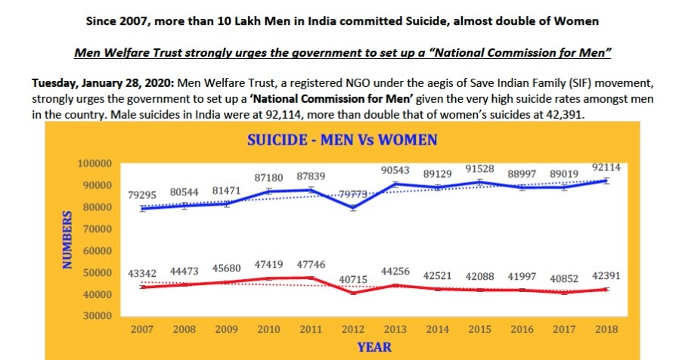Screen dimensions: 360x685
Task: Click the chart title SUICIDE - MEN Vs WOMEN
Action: (343, 141)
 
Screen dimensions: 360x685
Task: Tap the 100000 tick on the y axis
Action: (95, 163)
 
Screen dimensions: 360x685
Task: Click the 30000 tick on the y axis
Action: (98, 316)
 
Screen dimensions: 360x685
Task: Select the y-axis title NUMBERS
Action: (67, 239)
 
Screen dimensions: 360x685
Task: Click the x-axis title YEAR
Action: (375, 347)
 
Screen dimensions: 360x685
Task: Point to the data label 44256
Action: (396, 272)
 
